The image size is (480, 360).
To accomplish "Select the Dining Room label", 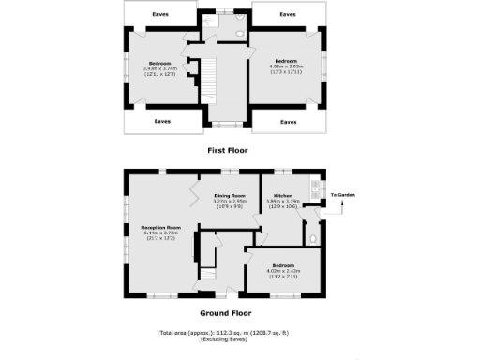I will [x=230, y=194].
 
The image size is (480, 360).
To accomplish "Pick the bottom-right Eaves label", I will [x=289, y=122].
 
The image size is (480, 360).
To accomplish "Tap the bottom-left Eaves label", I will [x=162, y=121].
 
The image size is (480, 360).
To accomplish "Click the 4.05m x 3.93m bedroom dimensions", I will [x=285, y=66].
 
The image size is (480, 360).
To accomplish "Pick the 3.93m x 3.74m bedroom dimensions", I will [x=159, y=67].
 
